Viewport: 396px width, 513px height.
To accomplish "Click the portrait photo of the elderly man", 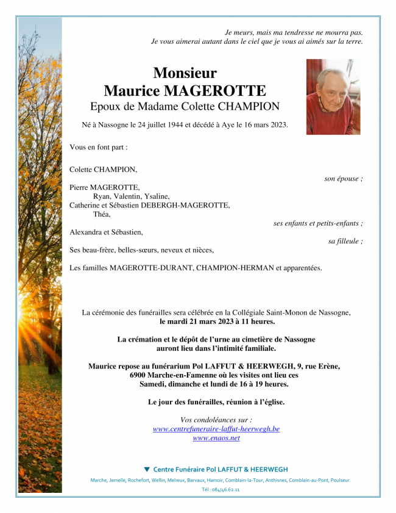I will point(333,96).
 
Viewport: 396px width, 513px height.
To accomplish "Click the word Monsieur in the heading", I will point(185,73).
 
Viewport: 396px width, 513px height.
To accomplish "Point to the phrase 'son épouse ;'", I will point(343,179).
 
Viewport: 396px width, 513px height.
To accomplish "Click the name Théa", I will point(102,214).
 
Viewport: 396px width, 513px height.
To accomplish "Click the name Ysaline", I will point(157,196).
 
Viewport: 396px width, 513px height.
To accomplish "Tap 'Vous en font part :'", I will point(99,147).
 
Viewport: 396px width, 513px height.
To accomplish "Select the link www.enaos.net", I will point(216,438).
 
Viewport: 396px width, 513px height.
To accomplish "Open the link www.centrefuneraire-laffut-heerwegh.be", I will point(216,429).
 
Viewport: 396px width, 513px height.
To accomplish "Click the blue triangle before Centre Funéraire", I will point(146,469).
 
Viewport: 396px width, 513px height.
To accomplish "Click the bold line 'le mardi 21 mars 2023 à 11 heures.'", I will point(216,321).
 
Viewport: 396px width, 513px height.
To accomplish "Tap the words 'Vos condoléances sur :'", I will point(216,420).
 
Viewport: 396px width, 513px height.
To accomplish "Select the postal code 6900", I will point(140,375).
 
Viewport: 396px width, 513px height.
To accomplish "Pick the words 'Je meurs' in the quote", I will point(239,32).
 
